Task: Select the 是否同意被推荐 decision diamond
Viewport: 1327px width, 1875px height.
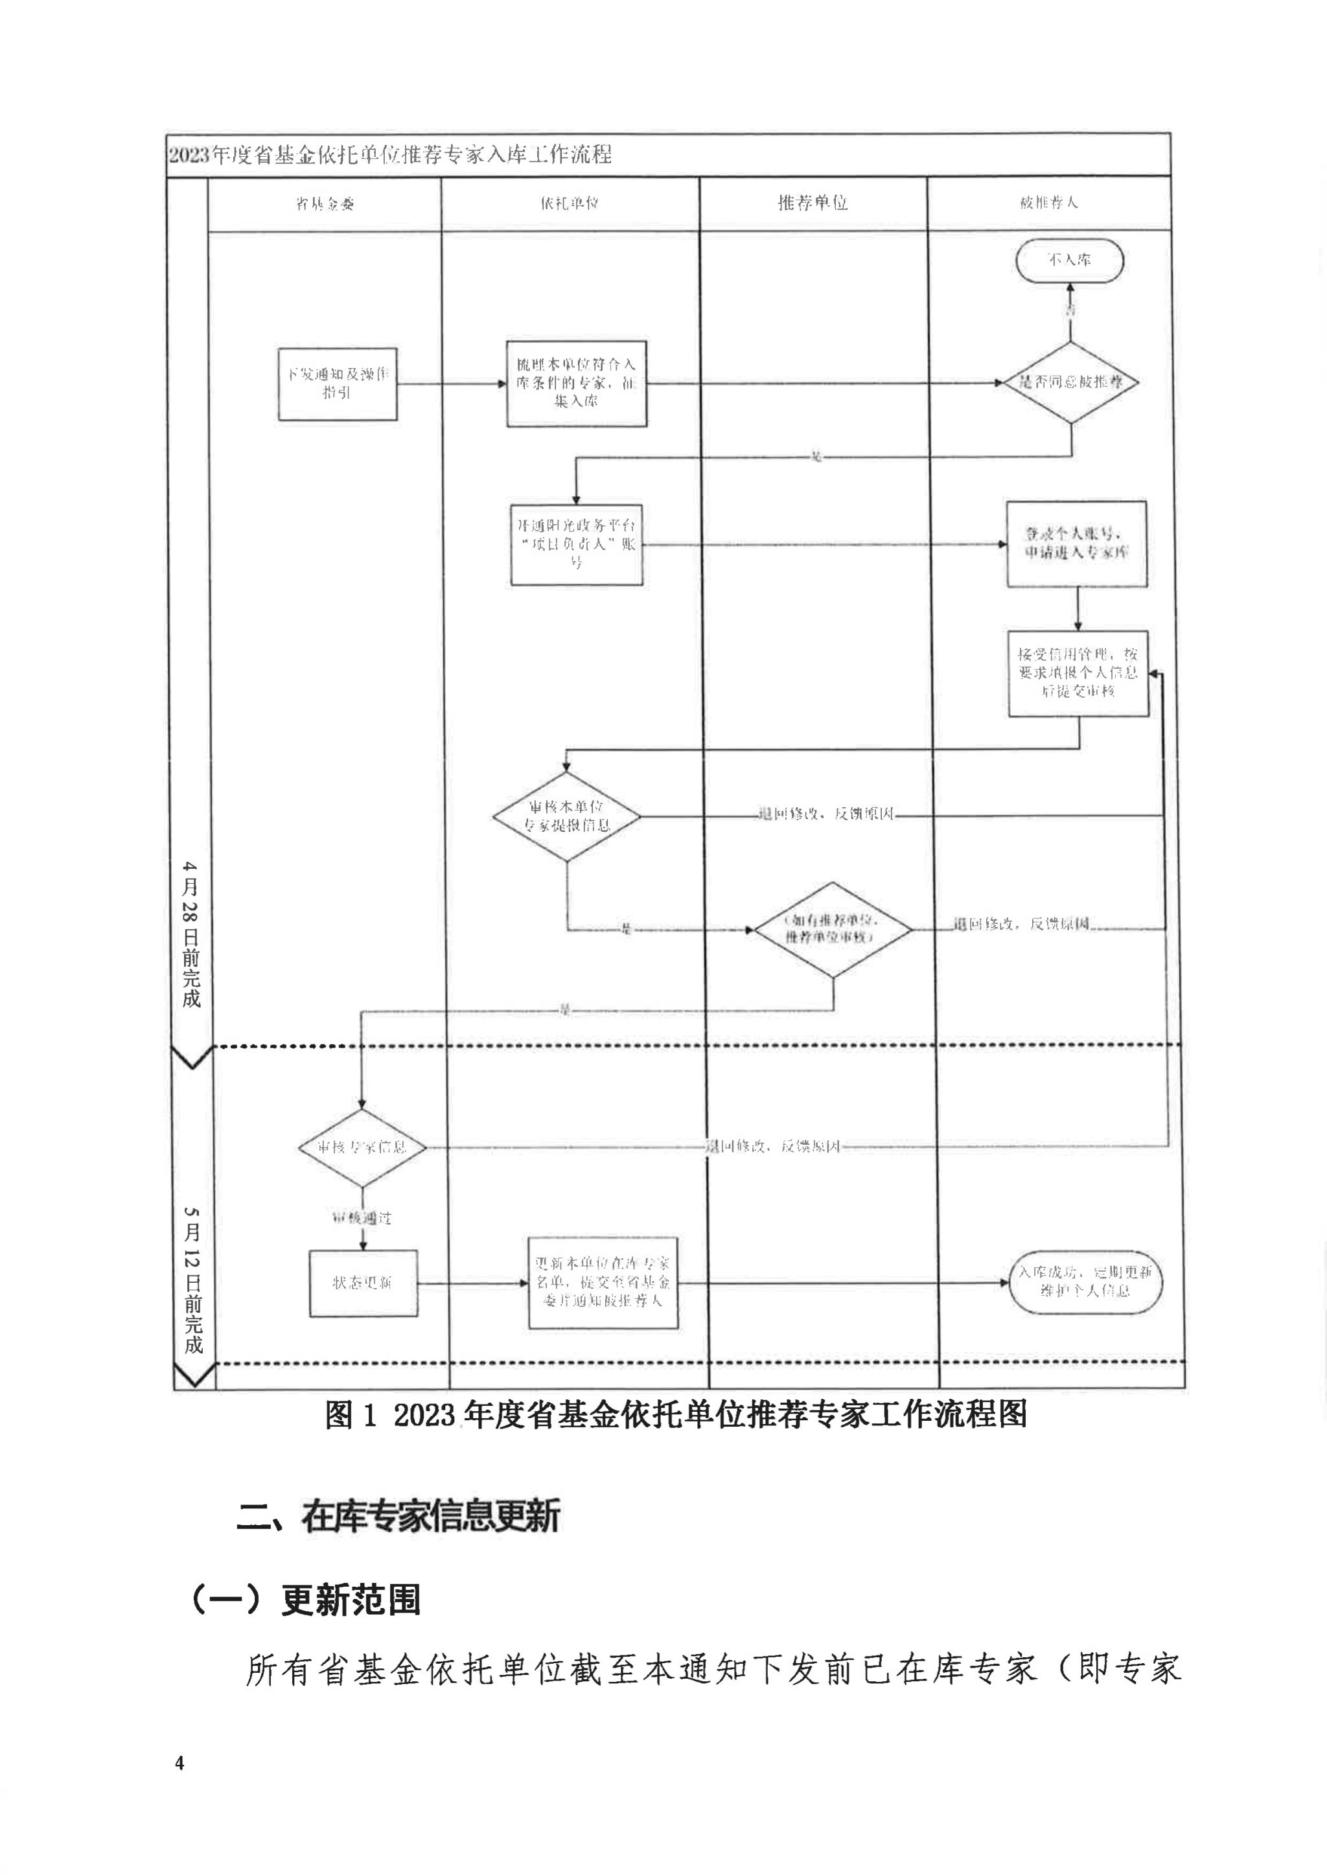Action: coord(1070,382)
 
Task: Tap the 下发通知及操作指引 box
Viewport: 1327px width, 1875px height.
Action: coord(338,384)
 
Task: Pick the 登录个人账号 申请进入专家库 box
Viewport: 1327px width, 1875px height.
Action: coord(1076,544)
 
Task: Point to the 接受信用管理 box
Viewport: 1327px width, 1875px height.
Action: coord(1078,673)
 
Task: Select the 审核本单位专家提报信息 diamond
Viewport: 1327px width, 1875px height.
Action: coord(566,816)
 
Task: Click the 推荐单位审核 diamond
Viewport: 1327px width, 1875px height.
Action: coord(832,929)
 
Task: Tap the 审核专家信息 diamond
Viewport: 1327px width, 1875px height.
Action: coord(362,1147)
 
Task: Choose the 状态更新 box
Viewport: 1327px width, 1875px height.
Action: coord(363,1283)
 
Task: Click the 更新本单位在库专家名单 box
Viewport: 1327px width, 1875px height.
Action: coord(603,1282)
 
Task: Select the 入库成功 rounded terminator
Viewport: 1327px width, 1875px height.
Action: coord(1085,1282)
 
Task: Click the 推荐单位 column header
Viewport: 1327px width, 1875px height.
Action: coord(813,203)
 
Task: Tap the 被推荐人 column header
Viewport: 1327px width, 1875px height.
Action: coord(1048,203)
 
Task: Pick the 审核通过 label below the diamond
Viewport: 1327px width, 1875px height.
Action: coord(362,1218)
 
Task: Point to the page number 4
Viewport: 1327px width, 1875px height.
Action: coord(179,1763)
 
